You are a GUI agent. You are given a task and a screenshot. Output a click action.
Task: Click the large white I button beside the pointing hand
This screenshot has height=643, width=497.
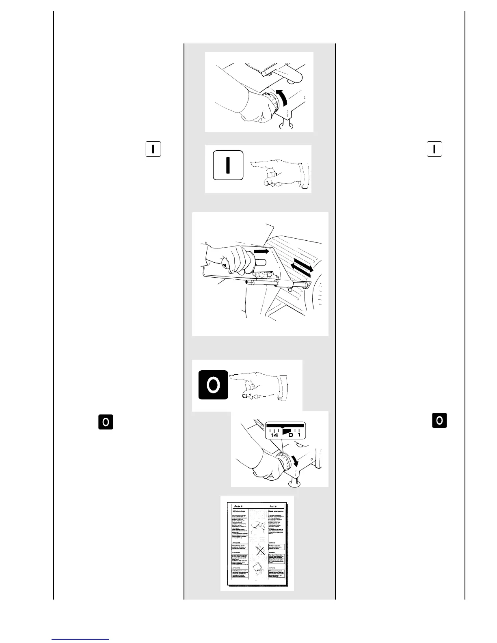228,165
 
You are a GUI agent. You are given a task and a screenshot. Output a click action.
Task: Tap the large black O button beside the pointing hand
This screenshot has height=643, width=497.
213,384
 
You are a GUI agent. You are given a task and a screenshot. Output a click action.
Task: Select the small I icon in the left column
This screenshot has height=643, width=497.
153,149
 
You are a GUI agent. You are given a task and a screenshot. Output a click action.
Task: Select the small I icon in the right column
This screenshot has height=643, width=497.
434,149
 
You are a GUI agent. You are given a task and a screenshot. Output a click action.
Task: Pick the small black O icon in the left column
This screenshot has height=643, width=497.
105,422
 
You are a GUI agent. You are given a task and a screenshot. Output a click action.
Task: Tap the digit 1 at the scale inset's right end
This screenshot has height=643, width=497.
299,435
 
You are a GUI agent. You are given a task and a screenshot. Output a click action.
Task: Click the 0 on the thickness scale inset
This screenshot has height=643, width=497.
291,435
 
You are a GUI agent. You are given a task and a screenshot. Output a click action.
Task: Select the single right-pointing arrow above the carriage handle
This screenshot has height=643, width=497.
261,252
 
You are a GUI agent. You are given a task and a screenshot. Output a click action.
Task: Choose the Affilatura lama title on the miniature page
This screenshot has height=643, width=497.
240,511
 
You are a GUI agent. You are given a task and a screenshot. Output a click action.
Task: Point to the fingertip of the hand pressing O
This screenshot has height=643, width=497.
231,376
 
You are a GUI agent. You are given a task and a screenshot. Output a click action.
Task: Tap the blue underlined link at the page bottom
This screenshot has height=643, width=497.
81,639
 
